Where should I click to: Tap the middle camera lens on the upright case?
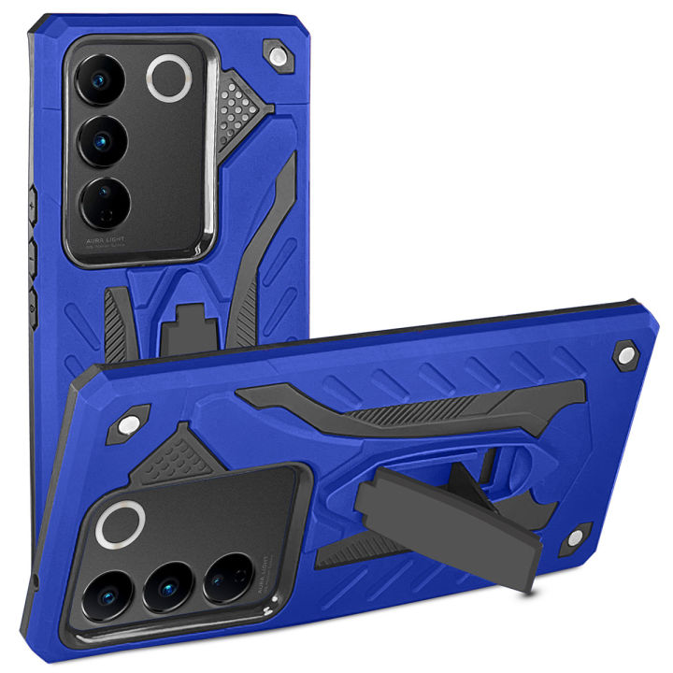coord(101,141)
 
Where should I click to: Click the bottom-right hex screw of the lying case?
coord(574,537)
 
